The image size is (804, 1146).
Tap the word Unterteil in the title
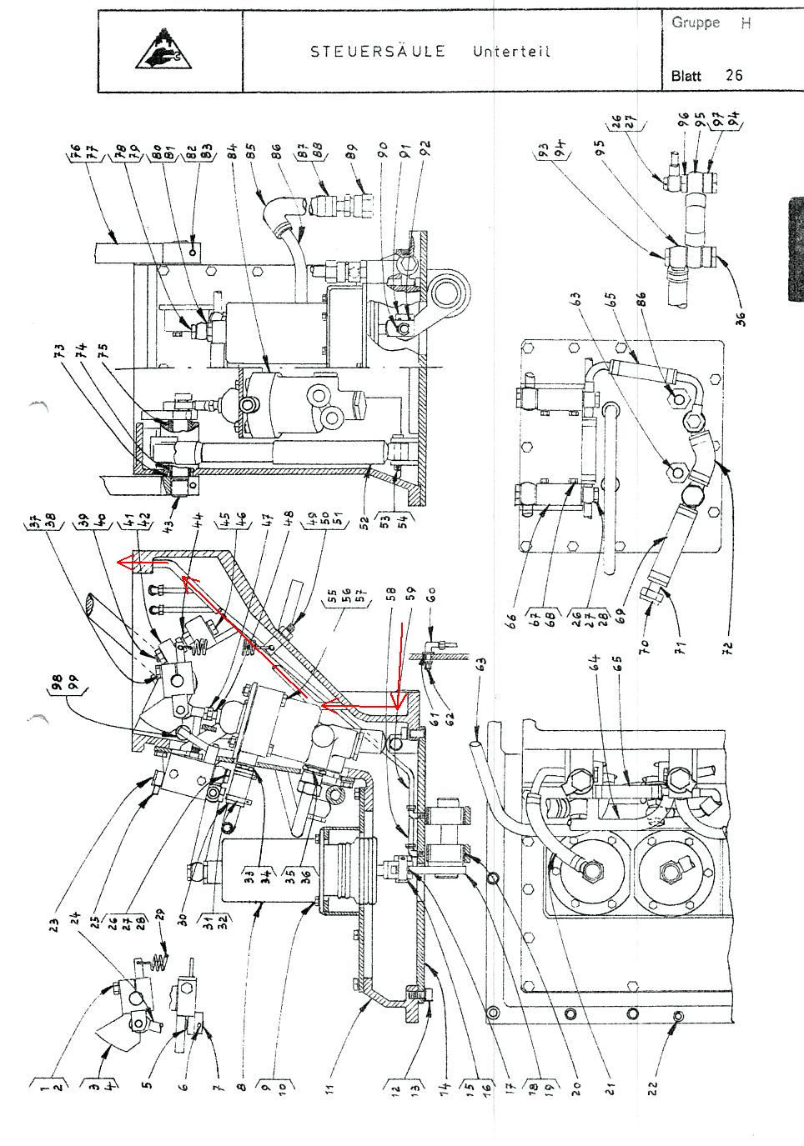(510, 52)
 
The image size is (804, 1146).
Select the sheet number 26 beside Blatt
(733, 75)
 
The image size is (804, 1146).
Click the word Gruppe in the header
(695, 23)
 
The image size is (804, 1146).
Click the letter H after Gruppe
(746, 23)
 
